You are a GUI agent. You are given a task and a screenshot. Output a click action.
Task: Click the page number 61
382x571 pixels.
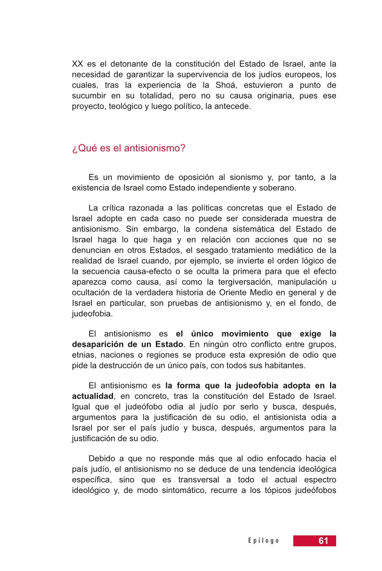(x=323, y=541)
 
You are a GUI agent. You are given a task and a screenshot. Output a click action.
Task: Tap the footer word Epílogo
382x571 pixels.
(x=263, y=541)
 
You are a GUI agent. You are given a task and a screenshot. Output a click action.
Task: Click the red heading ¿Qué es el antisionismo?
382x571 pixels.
(x=128, y=147)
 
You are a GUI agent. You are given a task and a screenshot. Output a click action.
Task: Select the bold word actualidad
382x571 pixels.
(x=95, y=395)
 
